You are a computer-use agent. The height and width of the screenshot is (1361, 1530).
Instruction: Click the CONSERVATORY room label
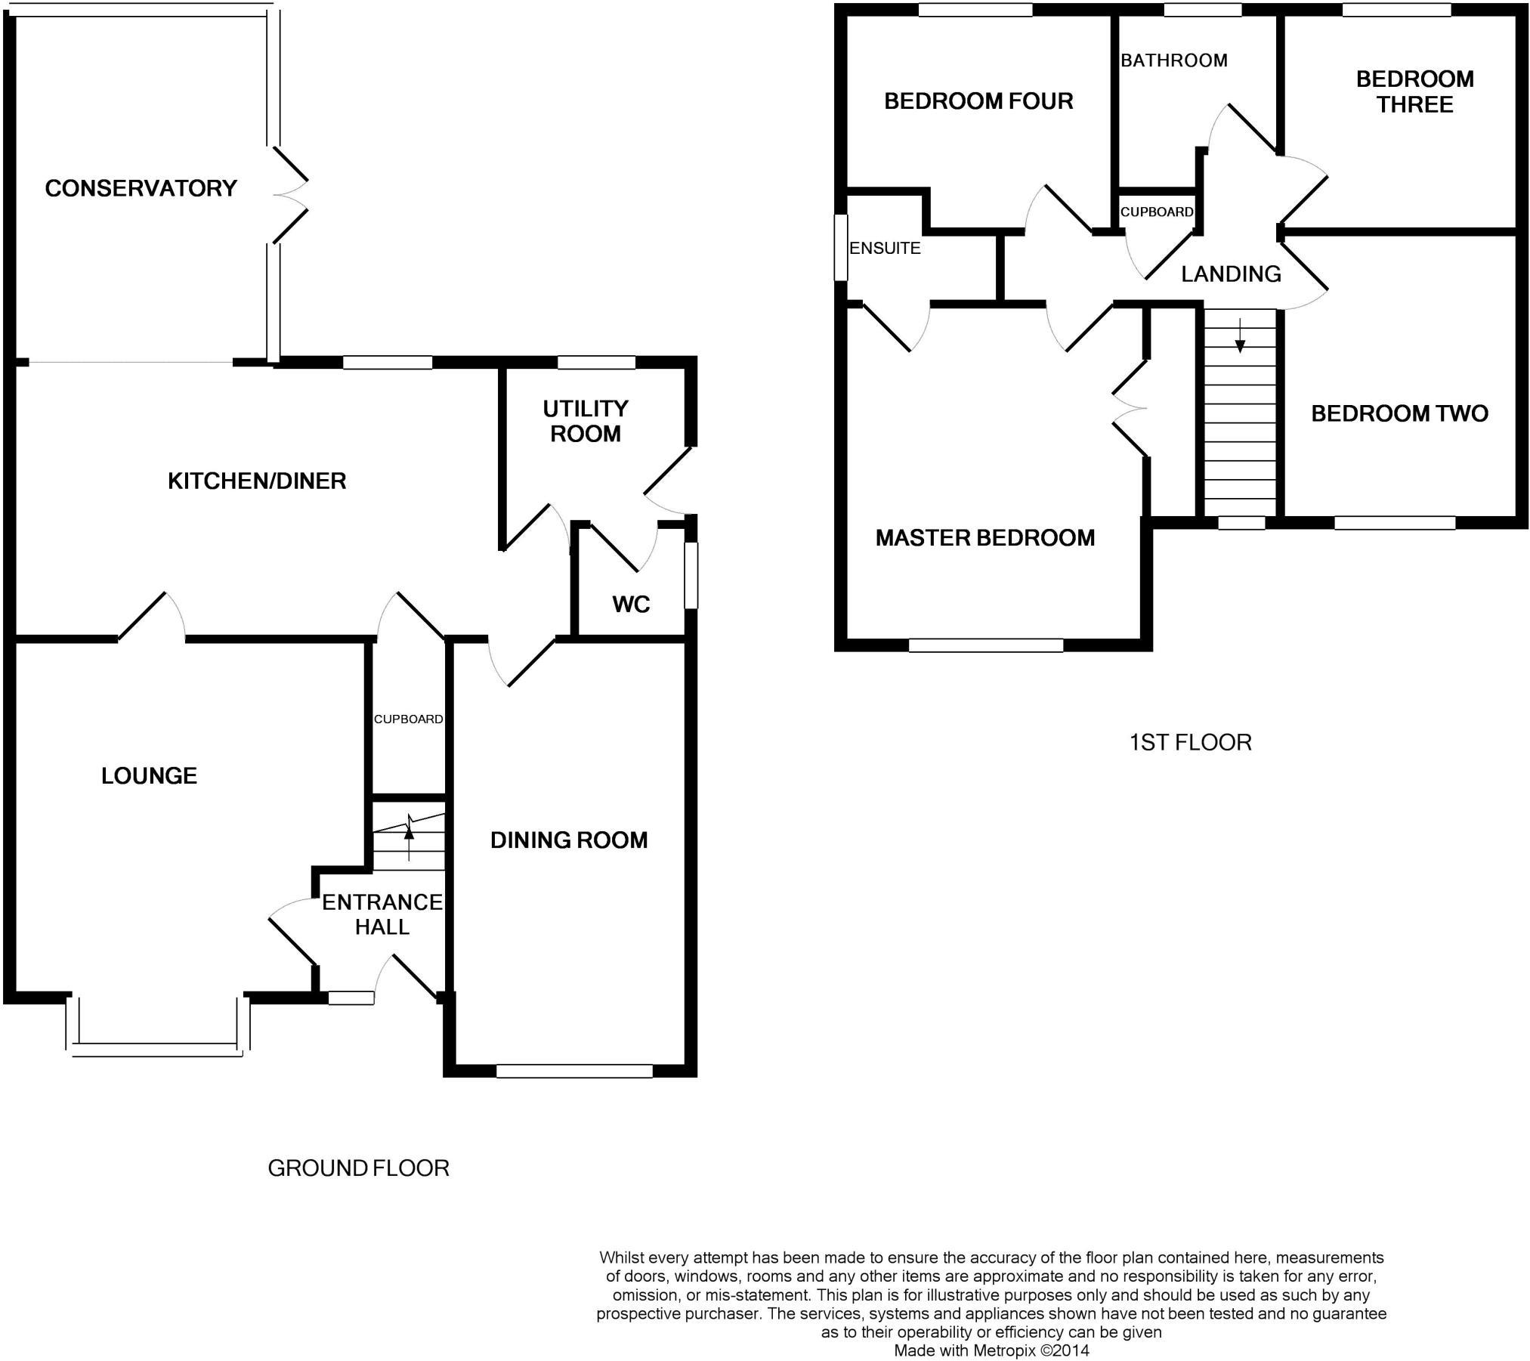[x=141, y=188]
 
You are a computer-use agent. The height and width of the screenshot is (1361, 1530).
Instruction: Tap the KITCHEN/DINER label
[x=257, y=481]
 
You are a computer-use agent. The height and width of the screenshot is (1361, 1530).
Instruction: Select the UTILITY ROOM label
[x=586, y=421]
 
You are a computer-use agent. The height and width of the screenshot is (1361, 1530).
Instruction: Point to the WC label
[x=631, y=604]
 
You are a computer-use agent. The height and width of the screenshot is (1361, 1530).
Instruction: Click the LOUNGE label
[x=149, y=775]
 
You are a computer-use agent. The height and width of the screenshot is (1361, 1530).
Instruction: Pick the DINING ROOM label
[x=569, y=840]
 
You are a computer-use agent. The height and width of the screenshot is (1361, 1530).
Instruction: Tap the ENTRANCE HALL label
[x=382, y=914]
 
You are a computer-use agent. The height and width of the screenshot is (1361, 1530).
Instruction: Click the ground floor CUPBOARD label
[x=408, y=719]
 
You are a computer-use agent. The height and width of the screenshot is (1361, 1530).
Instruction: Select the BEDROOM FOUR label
[x=978, y=101]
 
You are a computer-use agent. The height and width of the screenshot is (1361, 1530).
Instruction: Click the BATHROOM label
[x=1174, y=60]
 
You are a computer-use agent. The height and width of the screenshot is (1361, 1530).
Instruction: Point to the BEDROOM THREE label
[x=1414, y=91]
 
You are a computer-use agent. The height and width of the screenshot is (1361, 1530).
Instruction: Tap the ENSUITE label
[x=885, y=248]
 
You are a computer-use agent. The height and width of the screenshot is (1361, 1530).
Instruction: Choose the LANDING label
[x=1231, y=274]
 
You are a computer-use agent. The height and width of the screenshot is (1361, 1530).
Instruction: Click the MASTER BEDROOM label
[x=984, y=537]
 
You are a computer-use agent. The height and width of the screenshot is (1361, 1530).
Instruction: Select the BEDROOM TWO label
[x=1399, y=413]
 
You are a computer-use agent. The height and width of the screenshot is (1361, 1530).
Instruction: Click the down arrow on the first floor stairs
[x=1240, y=339]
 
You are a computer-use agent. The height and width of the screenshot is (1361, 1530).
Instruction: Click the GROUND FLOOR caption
[x=358, y=1168]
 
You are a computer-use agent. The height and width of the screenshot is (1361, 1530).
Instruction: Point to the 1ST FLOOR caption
[x=1190, y=742]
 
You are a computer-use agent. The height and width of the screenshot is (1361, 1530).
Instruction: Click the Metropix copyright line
[x=991, y=1350]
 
